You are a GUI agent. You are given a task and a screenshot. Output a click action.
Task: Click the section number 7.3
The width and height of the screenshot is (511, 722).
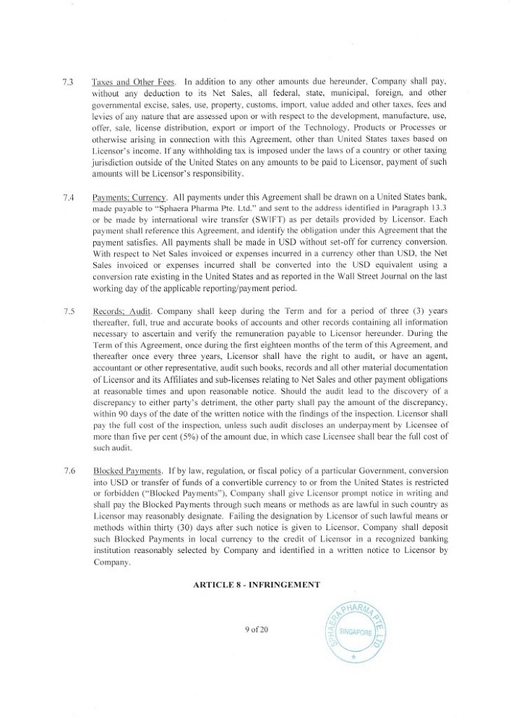tap(69, 82)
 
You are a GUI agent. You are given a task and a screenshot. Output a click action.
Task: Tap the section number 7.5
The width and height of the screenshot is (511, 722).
tap(69, 311)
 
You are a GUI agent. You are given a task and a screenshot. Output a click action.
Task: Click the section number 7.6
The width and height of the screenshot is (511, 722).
tap(69, 471)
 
